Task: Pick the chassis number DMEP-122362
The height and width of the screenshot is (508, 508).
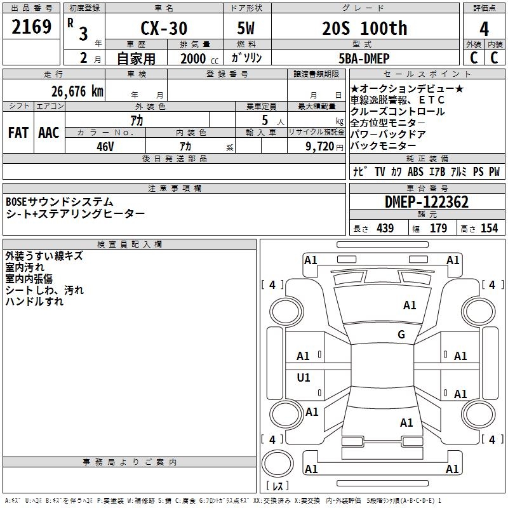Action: pyautogui.click(x=426, y=202)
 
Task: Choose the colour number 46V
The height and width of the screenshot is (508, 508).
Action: pyautogui.click(x=105, y=145)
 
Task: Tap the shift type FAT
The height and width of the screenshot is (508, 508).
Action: pyautogui.click(x=18, y=133)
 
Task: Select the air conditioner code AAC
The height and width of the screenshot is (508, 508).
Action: pyautogui.click(x=48, y=133)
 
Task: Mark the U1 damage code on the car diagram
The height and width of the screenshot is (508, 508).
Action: pyautogui.click(x=304, y=378)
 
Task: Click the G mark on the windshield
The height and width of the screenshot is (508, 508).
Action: pyautogui.click(x=401, y=335)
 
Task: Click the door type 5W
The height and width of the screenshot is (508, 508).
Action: pyautogui.click(x=246, y=29)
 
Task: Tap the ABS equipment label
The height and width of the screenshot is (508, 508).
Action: pyautogui.click(x=415, y=171)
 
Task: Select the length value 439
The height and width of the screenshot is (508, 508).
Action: pyautogui.click(x=385, y=229)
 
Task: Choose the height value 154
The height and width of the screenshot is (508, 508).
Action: pyautogui.click(x=489, y=229)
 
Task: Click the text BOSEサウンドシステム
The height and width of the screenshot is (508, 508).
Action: pyautogui.click(x=60, y=202)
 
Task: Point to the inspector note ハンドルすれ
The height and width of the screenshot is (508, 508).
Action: pyautogui.click(x=34, y=302)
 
